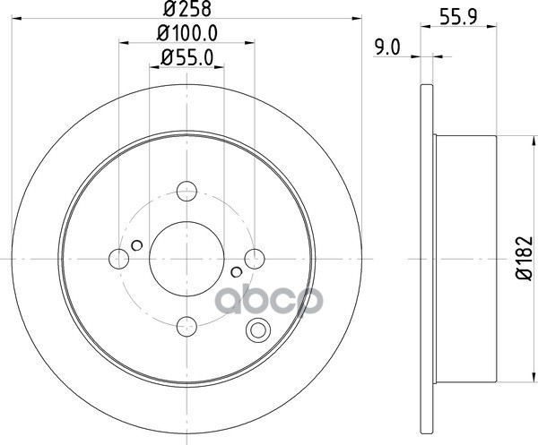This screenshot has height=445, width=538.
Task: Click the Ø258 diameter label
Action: point(187,9)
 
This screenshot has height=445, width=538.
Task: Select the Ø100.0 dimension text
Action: point(187,33)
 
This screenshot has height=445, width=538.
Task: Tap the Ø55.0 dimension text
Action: point(187,57)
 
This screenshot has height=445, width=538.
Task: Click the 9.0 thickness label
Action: point(387,47)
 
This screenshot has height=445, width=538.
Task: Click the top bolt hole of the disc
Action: point(187,191)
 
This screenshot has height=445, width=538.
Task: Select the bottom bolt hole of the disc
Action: point(187,326)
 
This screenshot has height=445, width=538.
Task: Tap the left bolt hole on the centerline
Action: point(118,259)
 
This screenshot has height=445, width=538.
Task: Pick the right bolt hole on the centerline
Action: point(255,259)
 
